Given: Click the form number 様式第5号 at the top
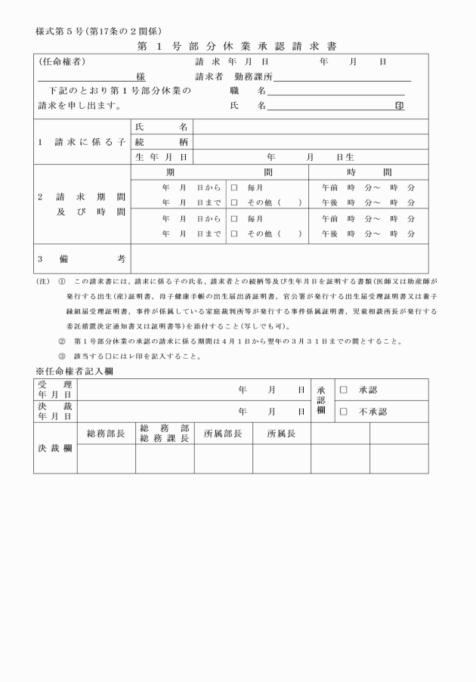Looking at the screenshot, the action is tap(57, 32).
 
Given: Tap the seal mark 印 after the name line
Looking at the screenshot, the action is tap(399, 106).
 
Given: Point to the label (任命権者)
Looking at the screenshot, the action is tap(62, 61).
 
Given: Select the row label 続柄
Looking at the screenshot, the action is tap(162, 142).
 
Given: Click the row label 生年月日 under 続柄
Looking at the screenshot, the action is tap(162, 157).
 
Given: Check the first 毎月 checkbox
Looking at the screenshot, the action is tap(234, 187).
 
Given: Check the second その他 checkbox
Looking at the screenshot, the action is tap(234, 234).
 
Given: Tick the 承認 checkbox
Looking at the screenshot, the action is tap(344, 390).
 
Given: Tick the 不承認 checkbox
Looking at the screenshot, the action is tap(344, 412).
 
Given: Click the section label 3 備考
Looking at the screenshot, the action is tap(82, 258).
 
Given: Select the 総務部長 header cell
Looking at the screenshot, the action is tap(107, 434).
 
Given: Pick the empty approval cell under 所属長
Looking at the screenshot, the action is tap(281, 458).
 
